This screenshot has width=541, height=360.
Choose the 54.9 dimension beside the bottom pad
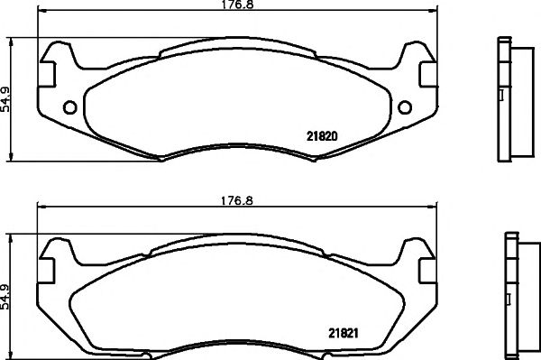pyautogui.click(x=7, y=294)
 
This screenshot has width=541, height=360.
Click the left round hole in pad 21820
pyautogui.click(x=69, y=108)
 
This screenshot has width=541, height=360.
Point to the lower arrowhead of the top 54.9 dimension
pyautogui.click(x=10, y=156)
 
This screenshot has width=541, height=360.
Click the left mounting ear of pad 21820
pyautogui.click(x=57, y=60)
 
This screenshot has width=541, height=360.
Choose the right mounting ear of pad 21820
pyautogui.click(x=417, y=60)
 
